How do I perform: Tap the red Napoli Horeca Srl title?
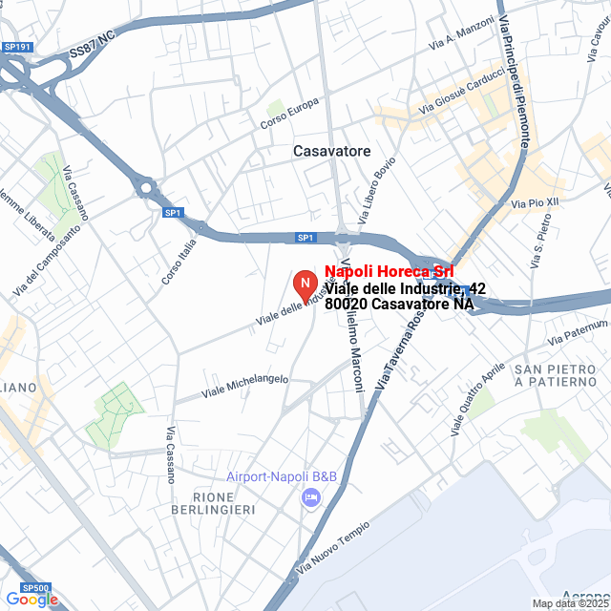389,272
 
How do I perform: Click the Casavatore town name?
331,152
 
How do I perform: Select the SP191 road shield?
17,47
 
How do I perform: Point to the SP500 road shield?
34,588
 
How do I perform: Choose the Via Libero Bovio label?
377,191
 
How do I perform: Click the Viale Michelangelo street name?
244,385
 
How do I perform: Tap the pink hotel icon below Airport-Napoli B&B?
309,497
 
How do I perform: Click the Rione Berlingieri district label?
224,504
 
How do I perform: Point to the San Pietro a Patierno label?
556,375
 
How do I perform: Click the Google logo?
31,600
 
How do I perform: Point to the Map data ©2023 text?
570,603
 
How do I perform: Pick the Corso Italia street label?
179,261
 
